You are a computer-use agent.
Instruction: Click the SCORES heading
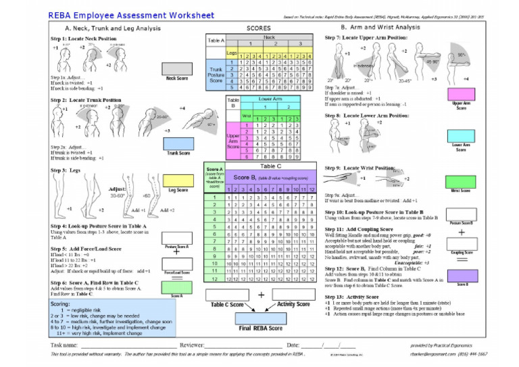259,28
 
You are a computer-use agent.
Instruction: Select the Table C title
270,166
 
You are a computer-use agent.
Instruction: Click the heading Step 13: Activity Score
360,297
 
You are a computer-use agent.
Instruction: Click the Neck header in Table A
269,38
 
